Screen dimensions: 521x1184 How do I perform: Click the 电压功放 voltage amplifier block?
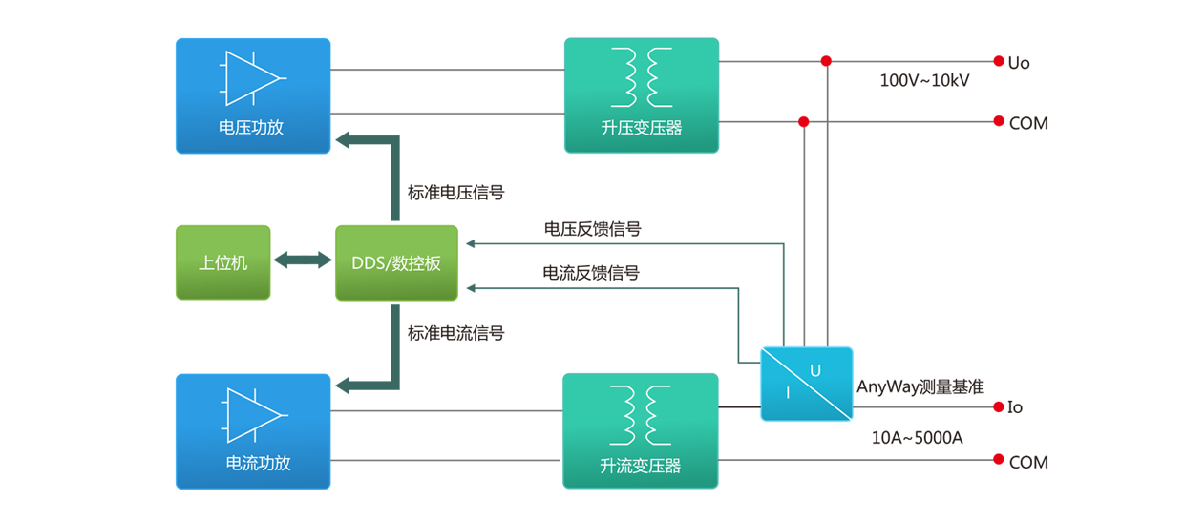click(x=253, y=95)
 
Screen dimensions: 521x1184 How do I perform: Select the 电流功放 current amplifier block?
click(x=253, y=431)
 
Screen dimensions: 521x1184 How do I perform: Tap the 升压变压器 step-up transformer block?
click(x=641, y=95)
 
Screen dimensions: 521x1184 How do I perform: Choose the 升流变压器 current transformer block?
click(x=640, y=431)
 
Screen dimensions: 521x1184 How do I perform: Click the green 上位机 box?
click(x=223, y=262)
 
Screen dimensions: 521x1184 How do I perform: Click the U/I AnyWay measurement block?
click(x=806, y=383)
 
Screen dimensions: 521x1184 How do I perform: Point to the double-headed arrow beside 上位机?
click(x=303, y=260)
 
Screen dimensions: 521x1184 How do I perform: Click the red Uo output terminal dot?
click(x=999, y=61)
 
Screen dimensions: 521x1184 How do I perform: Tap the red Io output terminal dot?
click(x=999, y=406)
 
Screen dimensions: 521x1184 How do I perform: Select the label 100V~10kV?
click(x=923, y=81)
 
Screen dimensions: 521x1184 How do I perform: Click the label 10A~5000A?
click(x=917, y=438)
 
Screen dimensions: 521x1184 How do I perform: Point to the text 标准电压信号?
click(x=455, y=193)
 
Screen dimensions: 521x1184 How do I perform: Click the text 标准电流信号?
click(x=455, y=333)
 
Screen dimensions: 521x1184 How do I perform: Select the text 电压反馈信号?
click(x=592, y=229)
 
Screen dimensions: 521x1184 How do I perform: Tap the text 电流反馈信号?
click(x=591, y=273)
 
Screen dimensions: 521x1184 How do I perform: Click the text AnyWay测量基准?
click(x=920, y=386)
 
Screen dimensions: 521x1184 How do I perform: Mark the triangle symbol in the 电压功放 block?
click(x=253, y=78)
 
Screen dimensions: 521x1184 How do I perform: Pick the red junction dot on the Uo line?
click(x=826, y=61)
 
